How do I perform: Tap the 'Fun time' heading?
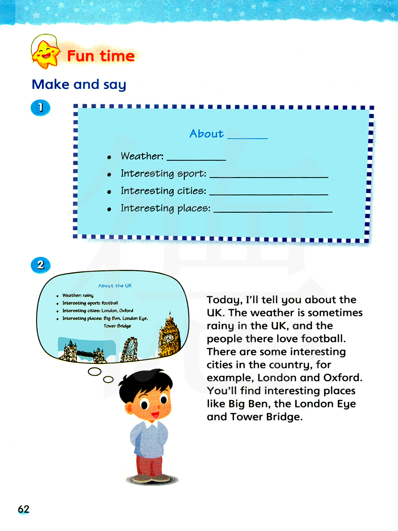pyautogui.click(x=101, y=56)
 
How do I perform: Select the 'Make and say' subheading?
pyautogui.click(x=79, y=85)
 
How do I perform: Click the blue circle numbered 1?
pyautogui.click(x=41, y=107)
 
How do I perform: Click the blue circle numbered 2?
pyautogui.click(x=41, y=265)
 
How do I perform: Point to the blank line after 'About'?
pyautogui.click(x=247, y=137)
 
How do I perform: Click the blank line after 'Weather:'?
pyautogui.click(x=196, y=159)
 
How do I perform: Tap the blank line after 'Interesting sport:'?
pyautogui.click(x=269, y=176)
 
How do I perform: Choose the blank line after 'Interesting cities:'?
pyautogui.click(x=269, y=194)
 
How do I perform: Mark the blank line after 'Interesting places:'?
pyautogui.click(x=273, y=211)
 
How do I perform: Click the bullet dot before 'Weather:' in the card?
pyautogui.click(x=109, y=157)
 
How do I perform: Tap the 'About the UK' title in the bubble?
pyautogui.click(x=115, y=285)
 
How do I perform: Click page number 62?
pyautogui.click(x=23, y=509)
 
